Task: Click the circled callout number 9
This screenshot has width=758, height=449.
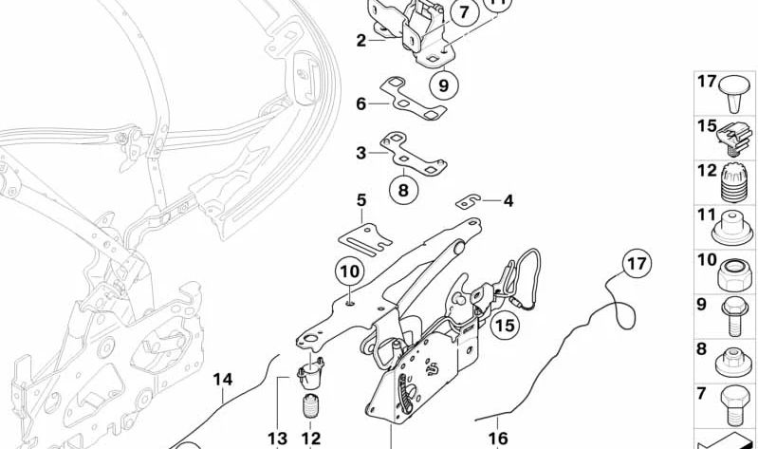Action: (442, 86)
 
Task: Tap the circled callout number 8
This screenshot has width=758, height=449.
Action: (403, 190)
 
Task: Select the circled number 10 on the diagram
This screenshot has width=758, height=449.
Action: (350, 272)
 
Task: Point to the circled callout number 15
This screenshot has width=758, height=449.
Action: (505, 326)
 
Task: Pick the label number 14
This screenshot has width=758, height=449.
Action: (222, 379)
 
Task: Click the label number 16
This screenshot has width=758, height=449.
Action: (498, 438)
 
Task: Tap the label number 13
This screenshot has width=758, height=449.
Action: (277, 438)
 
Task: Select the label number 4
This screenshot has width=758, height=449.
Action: (508, 200)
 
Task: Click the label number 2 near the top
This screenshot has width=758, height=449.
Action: (361, 40)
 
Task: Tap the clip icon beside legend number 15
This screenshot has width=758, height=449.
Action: (733, 137)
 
